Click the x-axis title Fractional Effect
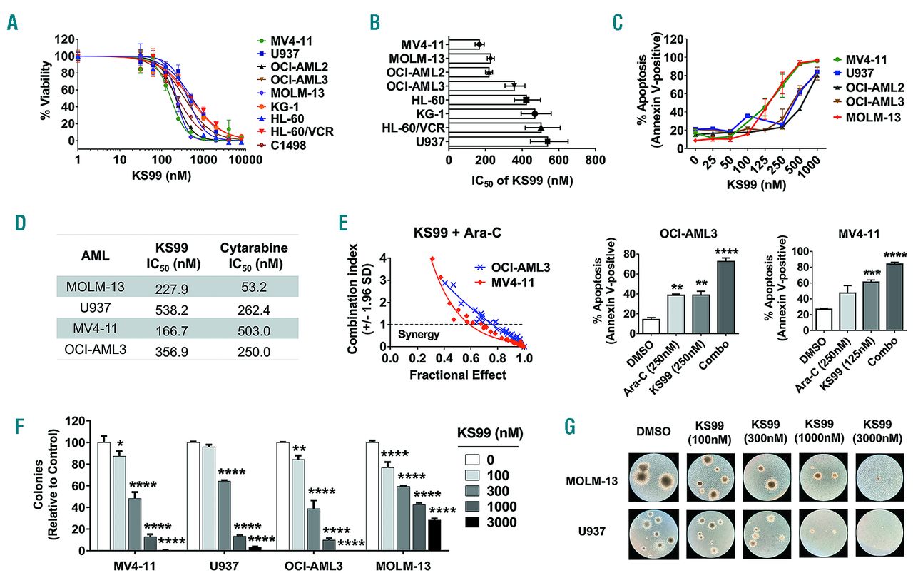456,375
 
